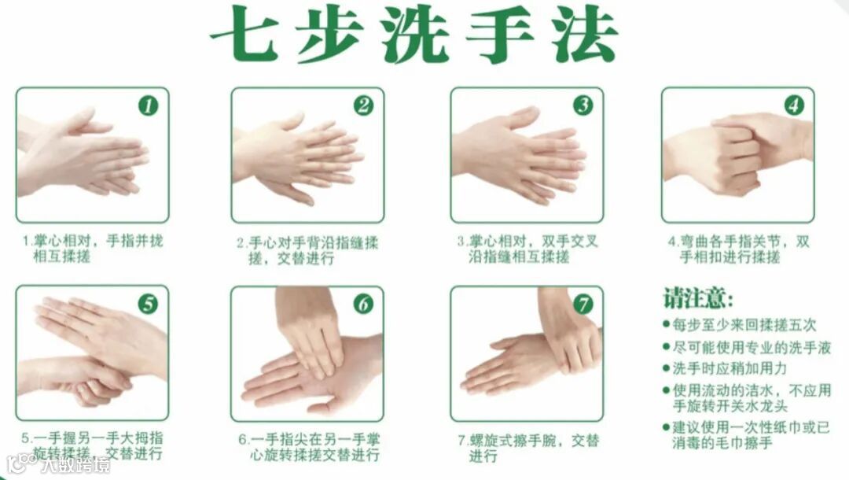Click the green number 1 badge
tap(148, 105)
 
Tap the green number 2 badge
tap(363, 105)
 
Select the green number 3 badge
tap(583, 105)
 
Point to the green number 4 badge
tap(794, 105)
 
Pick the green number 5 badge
tap(148, 304)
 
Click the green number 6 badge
tap(363, 305)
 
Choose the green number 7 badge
tap(583, 305)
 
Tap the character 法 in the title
tap(585, 35)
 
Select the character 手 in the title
tap(501, 35)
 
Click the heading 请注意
tap(699, 297)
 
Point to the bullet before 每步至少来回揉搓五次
tap(667, 324)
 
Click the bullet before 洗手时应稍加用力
tap(667, 368)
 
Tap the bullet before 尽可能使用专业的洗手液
tap(667, 347)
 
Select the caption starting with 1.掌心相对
tap(93, 248)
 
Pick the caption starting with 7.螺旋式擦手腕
tap(528, 448)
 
